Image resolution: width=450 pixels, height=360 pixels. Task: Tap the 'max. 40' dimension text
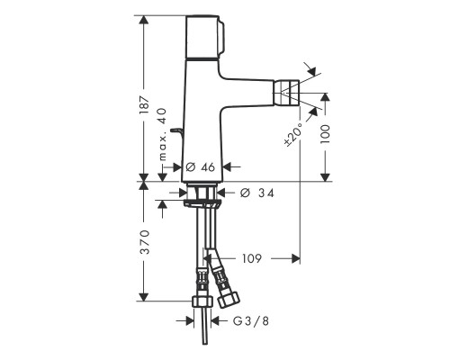point(163,132)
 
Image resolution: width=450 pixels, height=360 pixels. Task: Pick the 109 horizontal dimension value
point(251,258)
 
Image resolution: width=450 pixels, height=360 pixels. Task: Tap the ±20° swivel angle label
point(289,131)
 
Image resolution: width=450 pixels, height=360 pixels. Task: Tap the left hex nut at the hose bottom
point(200,302)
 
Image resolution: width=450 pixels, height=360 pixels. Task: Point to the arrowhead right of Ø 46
point(227,166)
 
